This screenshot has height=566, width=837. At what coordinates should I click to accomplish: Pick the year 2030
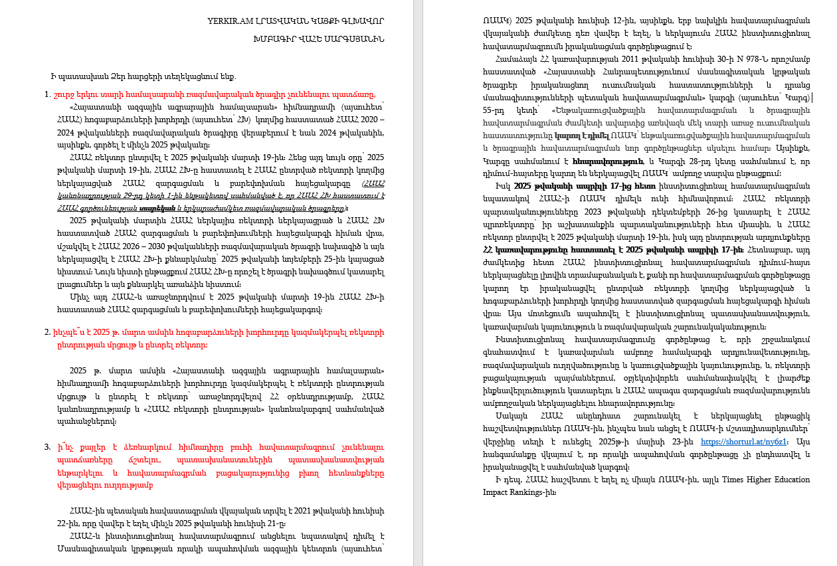pyautogui.click(x=189, y=244)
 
